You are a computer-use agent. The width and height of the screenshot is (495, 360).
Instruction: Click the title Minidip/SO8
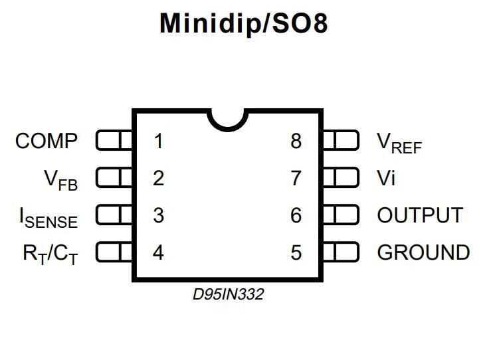click(x=244, y=24)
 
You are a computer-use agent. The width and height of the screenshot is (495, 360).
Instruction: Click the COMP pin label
click(x=47, y=141)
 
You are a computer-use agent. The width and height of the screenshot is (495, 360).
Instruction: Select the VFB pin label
click(x=60, y=179)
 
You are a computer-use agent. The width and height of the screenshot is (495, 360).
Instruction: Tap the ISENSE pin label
click(x=48, y=217)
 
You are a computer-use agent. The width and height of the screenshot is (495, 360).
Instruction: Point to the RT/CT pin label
click(x=47, y=254)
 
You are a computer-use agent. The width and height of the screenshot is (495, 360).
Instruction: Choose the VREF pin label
click(x=399, y=142)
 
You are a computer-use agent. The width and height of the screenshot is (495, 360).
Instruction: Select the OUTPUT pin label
click(x=420, y=215)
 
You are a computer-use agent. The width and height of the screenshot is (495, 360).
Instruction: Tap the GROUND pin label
click(x=423, y=252)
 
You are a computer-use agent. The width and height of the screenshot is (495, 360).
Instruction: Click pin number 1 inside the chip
click(x=158, y=141)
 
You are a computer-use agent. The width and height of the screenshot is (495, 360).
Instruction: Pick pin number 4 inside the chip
click(x=158, y=252)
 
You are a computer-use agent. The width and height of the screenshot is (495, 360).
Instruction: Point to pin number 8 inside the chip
click(x=296, y=141)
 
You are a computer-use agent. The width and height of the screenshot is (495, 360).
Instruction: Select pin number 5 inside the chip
click(x=296, y=252)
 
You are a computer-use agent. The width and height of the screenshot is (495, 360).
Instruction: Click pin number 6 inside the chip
click(x=296, y=215)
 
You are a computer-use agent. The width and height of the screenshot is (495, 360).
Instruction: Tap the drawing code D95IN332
click(x=228, y=294)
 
